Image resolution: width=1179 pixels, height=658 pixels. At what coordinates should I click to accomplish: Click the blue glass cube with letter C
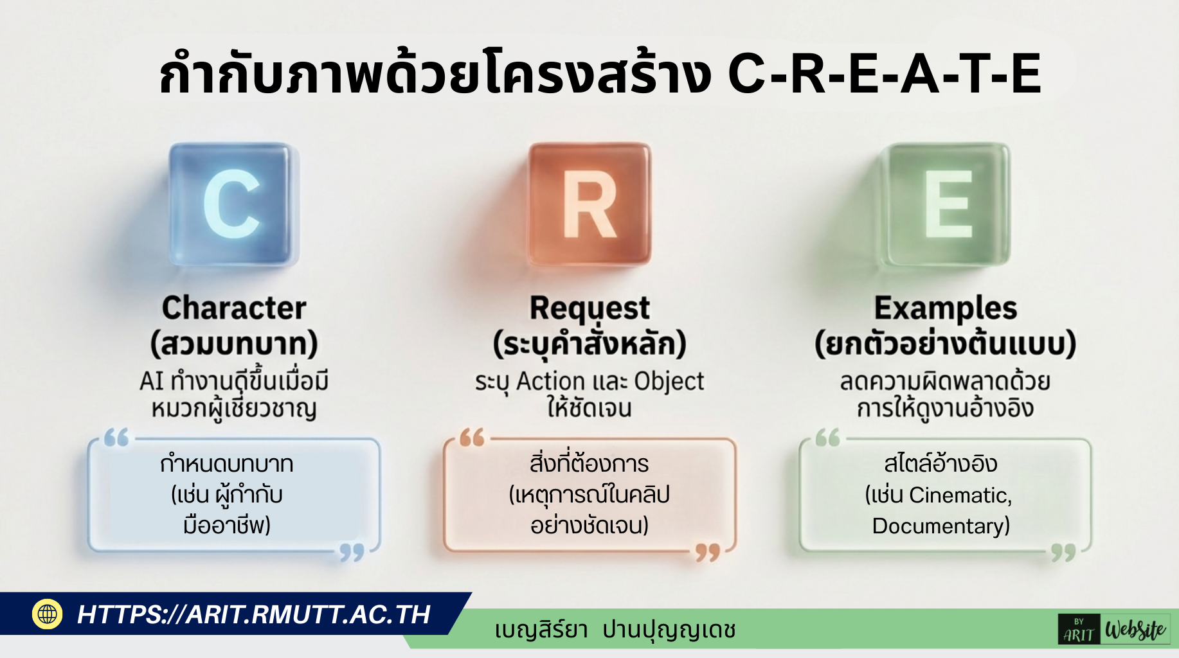click(232, 204)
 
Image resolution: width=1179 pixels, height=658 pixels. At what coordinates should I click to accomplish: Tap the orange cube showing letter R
click(589, 204)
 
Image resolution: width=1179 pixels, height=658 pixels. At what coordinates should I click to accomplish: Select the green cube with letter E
click(946, 204)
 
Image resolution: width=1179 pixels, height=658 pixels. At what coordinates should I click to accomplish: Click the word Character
click(234, 308)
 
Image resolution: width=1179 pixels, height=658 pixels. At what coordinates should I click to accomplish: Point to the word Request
click(589, 309)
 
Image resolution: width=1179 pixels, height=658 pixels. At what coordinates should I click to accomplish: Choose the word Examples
click(946, 309)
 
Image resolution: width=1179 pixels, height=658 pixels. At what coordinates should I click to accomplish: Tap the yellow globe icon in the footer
click(47, 614)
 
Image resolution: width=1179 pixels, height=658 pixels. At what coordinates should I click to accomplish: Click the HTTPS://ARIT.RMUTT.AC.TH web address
click(254, 614)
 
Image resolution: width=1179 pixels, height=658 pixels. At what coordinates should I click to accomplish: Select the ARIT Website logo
click(1114, 629)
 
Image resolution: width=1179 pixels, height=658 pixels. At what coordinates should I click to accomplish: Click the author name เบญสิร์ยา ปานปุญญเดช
click(615, 630)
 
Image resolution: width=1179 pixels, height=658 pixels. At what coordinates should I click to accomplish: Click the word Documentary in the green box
click(937, 526)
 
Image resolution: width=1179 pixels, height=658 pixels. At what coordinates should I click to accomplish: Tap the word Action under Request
click(550, 381)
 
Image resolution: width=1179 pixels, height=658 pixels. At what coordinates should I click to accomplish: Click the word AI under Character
click(152, 381)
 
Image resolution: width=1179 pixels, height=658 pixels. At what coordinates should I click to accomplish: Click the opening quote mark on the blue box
click(116, 438)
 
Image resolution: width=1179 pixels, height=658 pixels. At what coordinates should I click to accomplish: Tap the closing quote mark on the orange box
click(707, 553)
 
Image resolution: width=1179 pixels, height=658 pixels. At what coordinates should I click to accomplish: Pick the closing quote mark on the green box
click(1063, 553)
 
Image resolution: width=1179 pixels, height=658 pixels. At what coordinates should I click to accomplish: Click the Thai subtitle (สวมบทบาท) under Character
click(234, 344)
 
